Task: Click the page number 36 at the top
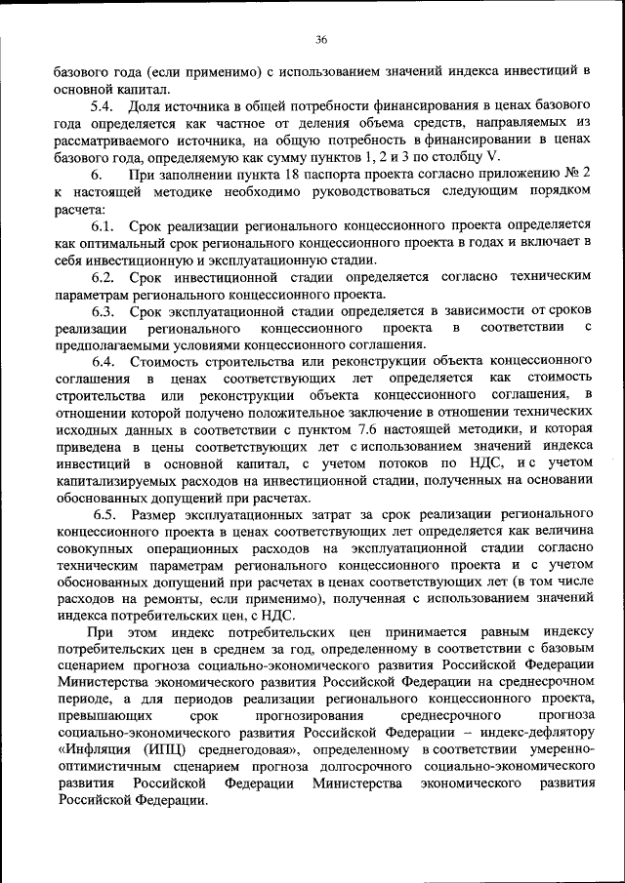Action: coord(320,40)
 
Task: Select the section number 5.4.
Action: coord(104,104)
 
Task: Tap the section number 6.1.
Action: coord(104,225)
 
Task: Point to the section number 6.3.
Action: coord(104,311)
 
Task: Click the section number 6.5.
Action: coord(105,513)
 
